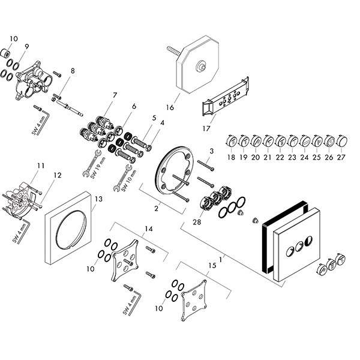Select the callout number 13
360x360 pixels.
(98, 198)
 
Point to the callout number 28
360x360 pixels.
(197, 222)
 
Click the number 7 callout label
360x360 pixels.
(114, 95)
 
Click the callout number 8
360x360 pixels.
(73, 71)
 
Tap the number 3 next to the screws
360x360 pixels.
(211, 151)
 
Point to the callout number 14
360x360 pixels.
(149, 229)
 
